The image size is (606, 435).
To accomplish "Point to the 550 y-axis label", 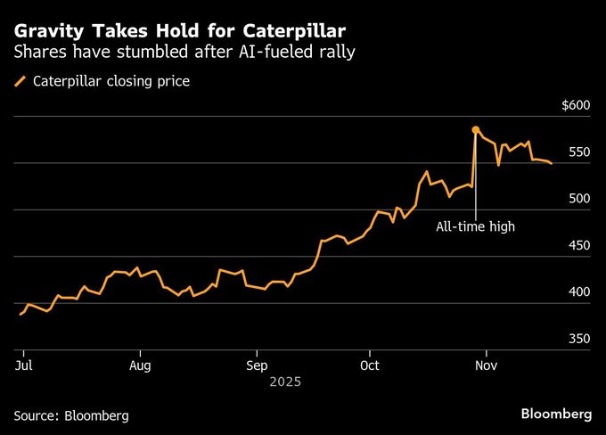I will pos(579,152).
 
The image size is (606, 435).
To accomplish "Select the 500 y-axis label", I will pos(579,199).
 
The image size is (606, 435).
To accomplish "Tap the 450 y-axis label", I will pos(579,246).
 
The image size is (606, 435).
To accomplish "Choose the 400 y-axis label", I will pos(579,292).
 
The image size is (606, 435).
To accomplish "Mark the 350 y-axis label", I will pos(579,340).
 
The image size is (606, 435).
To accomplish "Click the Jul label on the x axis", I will pos(24,365).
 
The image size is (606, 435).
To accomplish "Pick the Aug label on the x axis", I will pos(140,365).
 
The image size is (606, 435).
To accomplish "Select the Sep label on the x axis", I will pos(257,365).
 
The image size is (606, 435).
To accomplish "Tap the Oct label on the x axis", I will pos(371,365).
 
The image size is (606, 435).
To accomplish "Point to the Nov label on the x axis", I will pos(486,365).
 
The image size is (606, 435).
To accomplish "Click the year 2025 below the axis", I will pos(286,382).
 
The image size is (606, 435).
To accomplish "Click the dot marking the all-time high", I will pos(476,130).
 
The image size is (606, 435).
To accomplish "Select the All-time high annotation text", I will pos(475,226).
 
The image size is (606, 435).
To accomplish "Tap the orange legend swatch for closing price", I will pos(20,82).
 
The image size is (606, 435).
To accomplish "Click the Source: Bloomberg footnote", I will pos(71,415).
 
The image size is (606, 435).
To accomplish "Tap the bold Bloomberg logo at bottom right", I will pos(556,414).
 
